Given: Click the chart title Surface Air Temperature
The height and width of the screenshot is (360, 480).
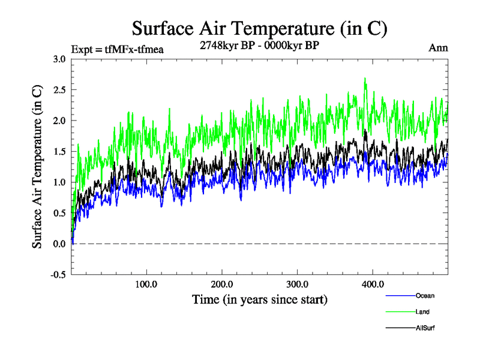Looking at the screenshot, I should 259,28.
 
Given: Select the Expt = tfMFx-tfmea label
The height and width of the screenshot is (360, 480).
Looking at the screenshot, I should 117,49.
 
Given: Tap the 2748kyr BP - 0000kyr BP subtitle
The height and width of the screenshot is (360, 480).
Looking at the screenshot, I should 259,45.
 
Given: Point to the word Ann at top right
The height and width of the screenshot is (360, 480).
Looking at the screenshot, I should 439,48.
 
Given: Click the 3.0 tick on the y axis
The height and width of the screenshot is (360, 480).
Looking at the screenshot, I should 59,59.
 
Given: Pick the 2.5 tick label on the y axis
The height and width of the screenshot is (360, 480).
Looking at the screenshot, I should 59,90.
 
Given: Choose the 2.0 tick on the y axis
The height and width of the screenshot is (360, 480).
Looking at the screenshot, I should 59,121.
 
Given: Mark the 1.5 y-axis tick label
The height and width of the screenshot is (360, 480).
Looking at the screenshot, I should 59,151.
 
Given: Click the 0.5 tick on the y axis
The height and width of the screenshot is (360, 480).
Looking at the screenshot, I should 59,213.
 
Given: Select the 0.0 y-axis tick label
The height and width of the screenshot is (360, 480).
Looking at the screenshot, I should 59,244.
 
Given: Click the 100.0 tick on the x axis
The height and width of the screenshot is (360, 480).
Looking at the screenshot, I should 146,284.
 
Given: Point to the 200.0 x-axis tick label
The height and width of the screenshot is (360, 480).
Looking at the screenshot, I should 222,284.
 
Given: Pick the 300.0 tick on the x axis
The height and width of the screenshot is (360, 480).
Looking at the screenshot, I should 298,284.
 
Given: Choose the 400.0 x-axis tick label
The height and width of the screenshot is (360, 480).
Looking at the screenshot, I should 373,284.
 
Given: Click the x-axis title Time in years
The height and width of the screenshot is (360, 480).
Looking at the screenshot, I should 259,299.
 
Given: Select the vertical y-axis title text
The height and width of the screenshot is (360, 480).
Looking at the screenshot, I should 37,167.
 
